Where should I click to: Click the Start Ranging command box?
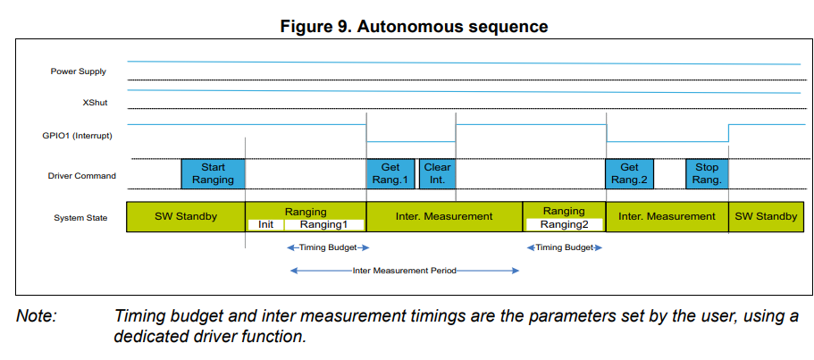coord(213,173)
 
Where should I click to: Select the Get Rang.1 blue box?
coord(390,173)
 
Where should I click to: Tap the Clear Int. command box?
coord(437,173)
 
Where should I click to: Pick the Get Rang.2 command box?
coord(629,173)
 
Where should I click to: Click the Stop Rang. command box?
coord(707,173)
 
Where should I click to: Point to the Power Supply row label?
coord(80,71)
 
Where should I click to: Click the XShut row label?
coord(95,103)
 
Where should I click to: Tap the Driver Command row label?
coord(82,176)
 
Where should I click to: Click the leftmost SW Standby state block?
coord(185,217)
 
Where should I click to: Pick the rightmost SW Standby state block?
coord(765,217)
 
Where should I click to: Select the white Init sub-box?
coord(265,225)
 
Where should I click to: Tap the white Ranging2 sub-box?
coord(564,225)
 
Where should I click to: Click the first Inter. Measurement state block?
coord(444,217)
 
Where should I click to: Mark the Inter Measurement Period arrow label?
coord(404,270)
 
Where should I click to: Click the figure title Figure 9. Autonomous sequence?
coord(414,26)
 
